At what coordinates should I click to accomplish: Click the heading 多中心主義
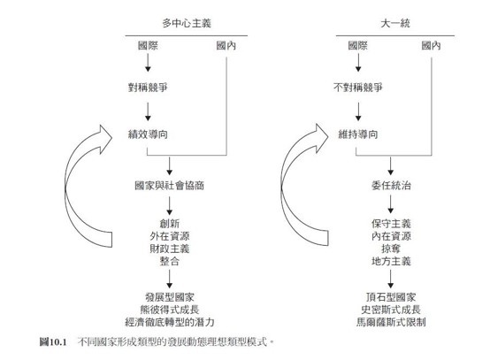187,23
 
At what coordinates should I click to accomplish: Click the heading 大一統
395,23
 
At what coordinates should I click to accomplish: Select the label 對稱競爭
148,88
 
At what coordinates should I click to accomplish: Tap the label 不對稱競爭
358,88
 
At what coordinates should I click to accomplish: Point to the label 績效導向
148,134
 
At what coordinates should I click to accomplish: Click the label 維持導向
358,134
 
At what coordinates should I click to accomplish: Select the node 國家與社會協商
169,186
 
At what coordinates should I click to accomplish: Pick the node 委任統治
391,186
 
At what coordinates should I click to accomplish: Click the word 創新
169,224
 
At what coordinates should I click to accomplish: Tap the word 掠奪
391,249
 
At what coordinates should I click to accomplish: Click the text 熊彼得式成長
169,310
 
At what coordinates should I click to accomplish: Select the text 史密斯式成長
391,310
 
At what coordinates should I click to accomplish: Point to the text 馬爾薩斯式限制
391,322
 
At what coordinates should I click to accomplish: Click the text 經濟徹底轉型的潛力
169,322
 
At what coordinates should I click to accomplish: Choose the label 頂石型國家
391,297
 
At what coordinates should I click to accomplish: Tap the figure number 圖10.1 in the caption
53,342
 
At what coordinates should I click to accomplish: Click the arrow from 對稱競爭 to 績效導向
148,111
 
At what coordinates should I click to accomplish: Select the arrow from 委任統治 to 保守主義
391,204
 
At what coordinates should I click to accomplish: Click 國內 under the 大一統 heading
431,46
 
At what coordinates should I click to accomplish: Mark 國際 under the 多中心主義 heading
148,46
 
